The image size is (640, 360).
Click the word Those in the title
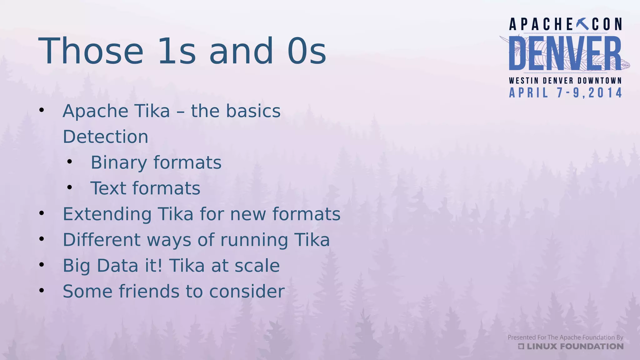(x=91, y=51)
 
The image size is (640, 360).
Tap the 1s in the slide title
(x=177, y=51)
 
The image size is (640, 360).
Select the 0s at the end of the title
(x=307, y=51)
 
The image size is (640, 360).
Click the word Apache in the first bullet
(x=96, y=111)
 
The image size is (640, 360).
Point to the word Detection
(x=106, y=137)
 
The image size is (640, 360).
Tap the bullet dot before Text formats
(x=69, y=187)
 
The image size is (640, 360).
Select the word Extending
(x=107, y=214)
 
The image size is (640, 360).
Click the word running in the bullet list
(x=254, y=240)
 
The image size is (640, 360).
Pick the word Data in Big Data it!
(x=117, y=266)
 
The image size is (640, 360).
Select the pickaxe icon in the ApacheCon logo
(x=582, y=24)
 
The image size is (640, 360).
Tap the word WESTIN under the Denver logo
(x=524, y=81)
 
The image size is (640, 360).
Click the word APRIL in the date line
(x=529, y=93)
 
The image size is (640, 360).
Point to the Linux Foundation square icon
(x=521, y=346)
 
